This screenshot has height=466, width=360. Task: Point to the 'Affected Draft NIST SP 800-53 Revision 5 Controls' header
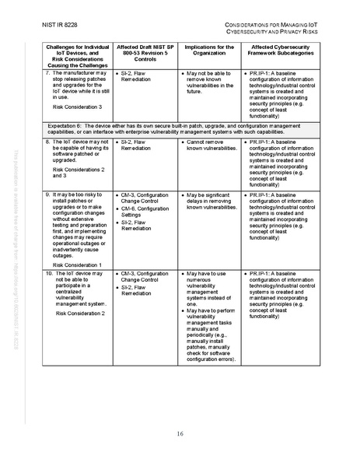click(x=142, y=55)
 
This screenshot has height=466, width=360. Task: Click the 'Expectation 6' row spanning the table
click(x=180, y=128)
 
